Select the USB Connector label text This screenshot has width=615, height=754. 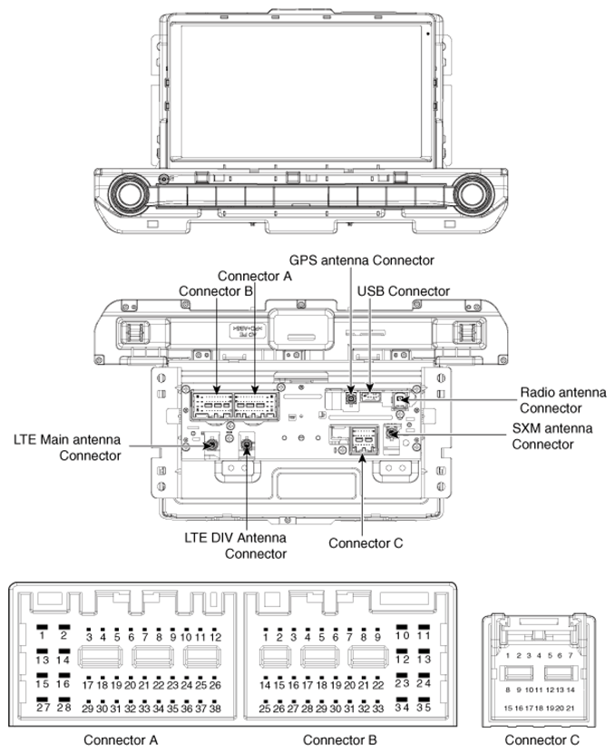(x=404, y=291)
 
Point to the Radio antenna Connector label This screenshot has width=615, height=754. (x=562, y=400)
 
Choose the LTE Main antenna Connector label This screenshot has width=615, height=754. (x=68, y=446)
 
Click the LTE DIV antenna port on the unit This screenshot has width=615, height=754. (x=248, y=446)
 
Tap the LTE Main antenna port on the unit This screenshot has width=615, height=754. (x=209, y=445)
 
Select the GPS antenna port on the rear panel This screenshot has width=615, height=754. (x=351, y=397)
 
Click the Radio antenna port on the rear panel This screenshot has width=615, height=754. (x=401, y=398)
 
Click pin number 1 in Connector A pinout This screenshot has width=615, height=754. (x=42, y=635)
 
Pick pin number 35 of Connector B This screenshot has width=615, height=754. (x=422, y=706)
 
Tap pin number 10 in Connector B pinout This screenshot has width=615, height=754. (x=401, y=635)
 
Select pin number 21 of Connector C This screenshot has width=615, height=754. (x=571, y=707)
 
